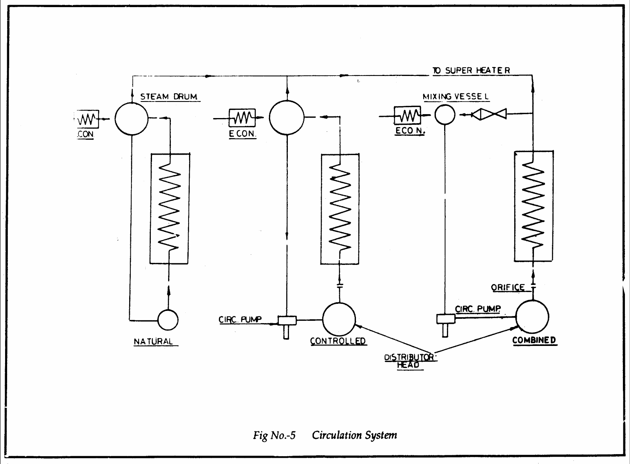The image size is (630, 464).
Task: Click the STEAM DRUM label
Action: [169, 96]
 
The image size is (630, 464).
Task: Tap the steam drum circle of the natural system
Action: [132, 119]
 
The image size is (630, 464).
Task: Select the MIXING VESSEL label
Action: [456, 96]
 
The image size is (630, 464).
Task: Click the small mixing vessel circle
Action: [445, 115]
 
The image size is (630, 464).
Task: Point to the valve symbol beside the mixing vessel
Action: [489, 114]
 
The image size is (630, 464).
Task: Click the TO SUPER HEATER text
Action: [471, 70]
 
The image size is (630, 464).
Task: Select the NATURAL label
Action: [154, 342]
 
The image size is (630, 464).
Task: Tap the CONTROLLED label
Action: [338, 341]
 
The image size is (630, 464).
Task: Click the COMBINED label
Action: [534, 340]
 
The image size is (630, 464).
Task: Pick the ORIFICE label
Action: [508, 287]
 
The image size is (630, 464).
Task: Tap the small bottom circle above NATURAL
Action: [168, 320]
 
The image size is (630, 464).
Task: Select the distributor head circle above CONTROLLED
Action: [339, 319]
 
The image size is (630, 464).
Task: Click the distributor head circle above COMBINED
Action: [532, 317]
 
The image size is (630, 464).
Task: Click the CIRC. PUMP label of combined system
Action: [478, 309]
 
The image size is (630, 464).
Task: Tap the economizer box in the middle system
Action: [242, 117]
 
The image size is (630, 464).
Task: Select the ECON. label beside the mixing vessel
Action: [409, 131]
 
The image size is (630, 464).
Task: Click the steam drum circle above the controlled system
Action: [287, 118]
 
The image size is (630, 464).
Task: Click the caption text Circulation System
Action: [354, 435]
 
